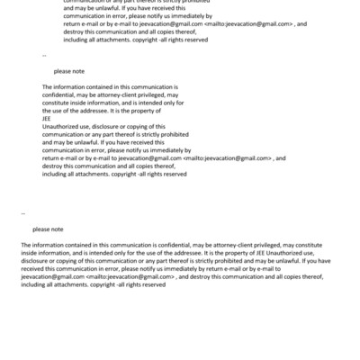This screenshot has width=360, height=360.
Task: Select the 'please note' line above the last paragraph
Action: tap(48, 229)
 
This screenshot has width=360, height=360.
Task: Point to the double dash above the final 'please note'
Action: tap(22, 214)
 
